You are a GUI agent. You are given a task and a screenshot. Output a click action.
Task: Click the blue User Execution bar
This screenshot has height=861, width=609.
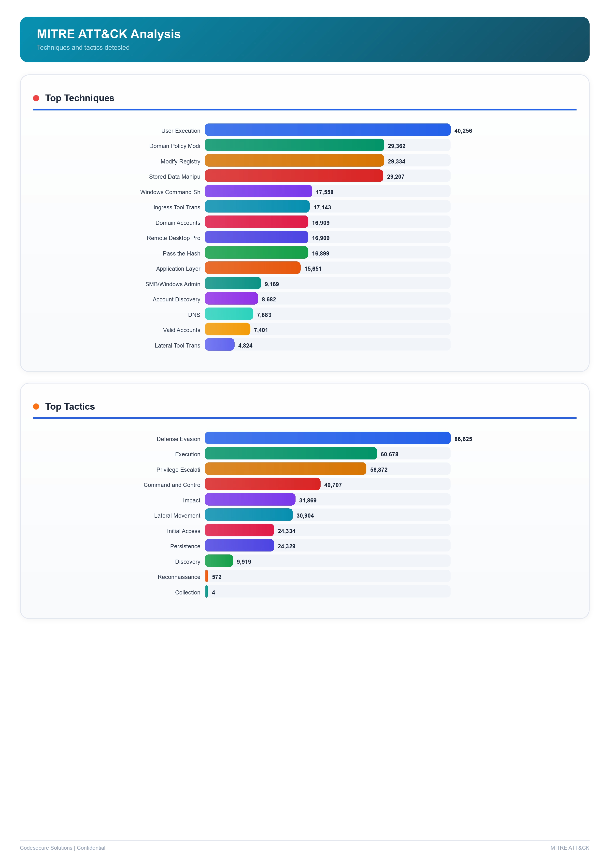pos(327,130)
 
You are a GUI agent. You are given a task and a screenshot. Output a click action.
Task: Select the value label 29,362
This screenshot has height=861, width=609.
pos(396,146)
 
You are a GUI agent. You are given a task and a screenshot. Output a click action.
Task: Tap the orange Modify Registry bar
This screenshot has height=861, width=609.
pos(294,161)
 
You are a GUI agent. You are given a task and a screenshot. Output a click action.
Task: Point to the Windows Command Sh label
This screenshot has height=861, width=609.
pos(170,192)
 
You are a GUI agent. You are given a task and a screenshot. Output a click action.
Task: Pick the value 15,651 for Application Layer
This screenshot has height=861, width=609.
pos(312,269)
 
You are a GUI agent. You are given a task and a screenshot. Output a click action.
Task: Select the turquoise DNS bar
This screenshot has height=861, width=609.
pos(229,314)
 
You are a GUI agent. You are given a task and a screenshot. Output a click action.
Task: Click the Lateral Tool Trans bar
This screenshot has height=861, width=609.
pos(220,345)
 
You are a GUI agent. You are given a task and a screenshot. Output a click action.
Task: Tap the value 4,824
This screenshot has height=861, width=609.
pos(245,345)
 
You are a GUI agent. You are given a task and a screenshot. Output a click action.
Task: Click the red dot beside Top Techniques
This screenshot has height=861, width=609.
pos(36,98)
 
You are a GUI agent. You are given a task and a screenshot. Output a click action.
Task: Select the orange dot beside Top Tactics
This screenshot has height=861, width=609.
pos(36,406)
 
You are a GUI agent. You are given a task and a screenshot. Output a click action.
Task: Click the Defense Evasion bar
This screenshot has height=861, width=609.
pos(327,438)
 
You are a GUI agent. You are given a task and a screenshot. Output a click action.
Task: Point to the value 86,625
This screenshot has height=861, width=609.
pos(463,439)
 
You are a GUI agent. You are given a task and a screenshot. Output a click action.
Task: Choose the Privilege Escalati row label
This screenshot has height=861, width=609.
pos(178,470)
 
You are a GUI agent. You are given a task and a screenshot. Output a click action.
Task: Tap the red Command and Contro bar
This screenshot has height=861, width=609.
pos(262,484)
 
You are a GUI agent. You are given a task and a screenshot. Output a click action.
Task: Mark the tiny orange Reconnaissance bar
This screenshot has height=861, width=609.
pos(206,576)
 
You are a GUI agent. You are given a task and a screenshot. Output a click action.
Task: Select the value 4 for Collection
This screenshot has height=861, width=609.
pos(213,592)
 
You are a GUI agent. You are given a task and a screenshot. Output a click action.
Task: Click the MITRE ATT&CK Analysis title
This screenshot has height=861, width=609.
pos(109,34)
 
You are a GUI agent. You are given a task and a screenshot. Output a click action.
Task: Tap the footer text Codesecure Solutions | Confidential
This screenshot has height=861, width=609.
pos(62,848)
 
